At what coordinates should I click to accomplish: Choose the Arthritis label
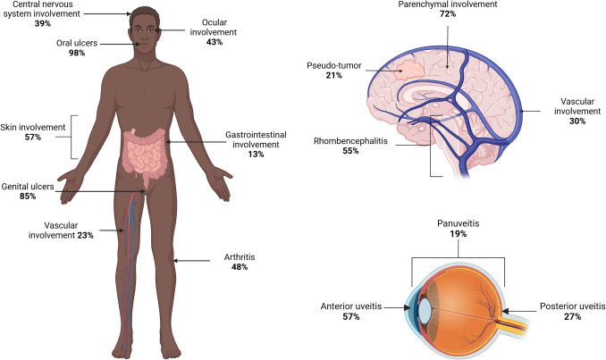tap(240, 257)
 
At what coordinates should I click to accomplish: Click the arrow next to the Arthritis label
tap(193, 261)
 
